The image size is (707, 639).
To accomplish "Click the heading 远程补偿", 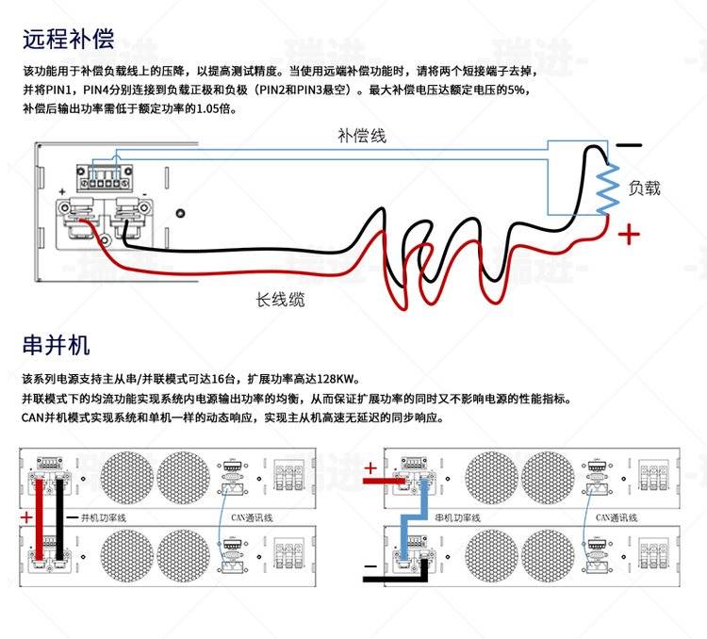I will pyautogui.click(x=68, y=39).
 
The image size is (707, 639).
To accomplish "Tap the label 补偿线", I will pyautogui.click(x=361, y=136).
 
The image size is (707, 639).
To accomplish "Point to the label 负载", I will pyautogui.click(x=644, y=188).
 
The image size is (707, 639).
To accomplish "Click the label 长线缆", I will pyautogui.click(x=280, y=300).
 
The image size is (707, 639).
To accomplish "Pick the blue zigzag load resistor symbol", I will pyautogui.click(x=607, y=187).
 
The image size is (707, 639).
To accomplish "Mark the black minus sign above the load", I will pyautogui.click(x=629, y=146).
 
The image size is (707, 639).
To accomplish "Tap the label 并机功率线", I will pyautogui.click(x=104, y=517).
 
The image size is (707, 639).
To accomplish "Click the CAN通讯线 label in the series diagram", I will pyautogui.click(x=616, y=517).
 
